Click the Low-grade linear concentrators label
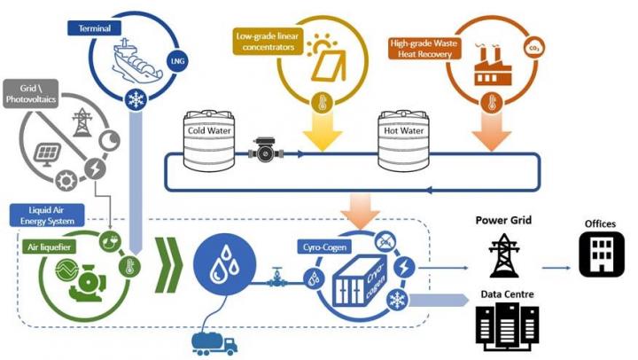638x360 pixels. (x=267, y=42)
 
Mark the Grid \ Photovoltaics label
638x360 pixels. (x=35, y=95)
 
